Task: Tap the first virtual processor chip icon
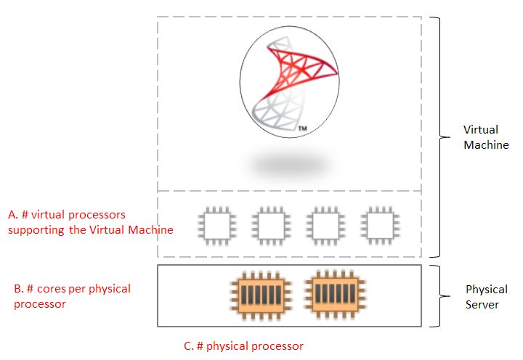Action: point(216,225)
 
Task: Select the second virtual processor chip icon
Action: point(269,225)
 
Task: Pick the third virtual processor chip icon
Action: point(324,225)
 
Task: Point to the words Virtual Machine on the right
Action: point(485,137)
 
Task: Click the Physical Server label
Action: point(482,297)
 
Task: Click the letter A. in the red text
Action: point(12,216)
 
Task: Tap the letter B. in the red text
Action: point(18,289)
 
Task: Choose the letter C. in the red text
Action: point(189,346)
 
